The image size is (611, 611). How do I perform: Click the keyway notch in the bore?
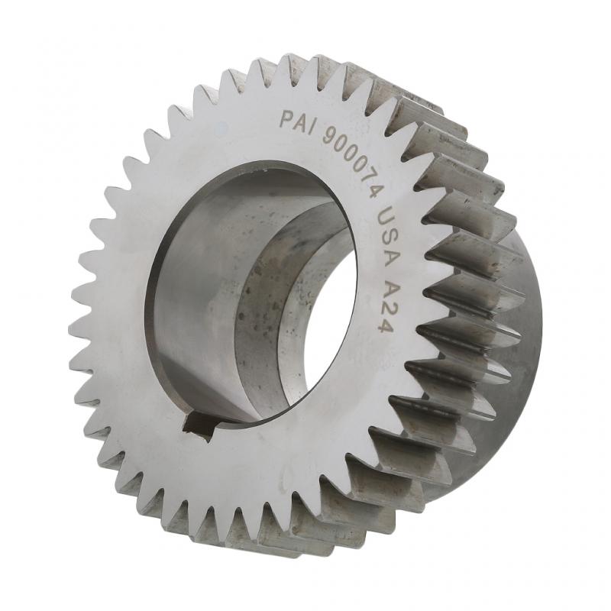tap(200, 425)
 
